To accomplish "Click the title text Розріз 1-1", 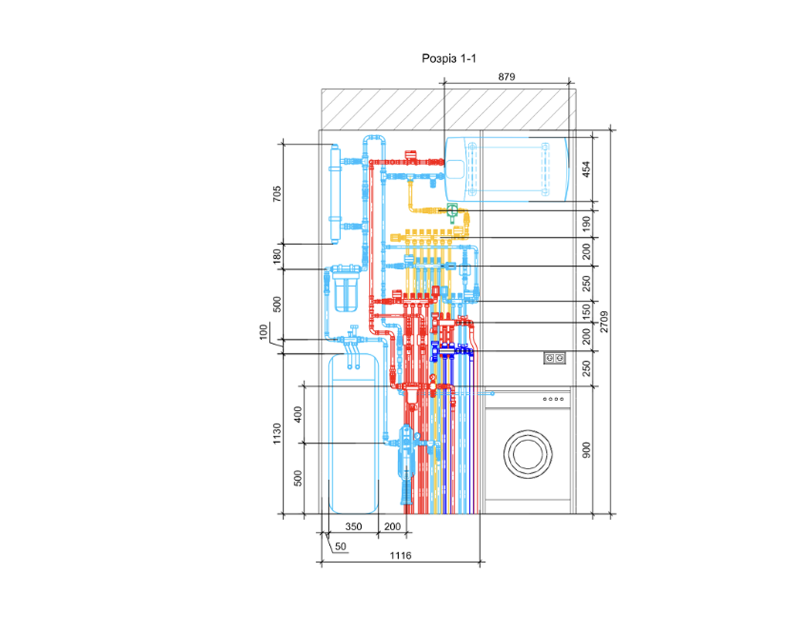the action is pos(449,59).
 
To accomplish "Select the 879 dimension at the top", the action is pos(506,77).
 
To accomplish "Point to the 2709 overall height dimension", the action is pos(604,322).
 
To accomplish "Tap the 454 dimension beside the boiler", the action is pos(586,169).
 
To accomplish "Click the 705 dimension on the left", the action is pos(277,194).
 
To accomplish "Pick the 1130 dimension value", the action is pos(277,434).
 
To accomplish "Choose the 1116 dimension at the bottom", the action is pos(400,555).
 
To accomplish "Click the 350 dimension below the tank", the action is pos(354,526).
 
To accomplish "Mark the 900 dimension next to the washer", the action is pos(586,450).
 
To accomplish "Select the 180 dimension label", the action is pos(277,256).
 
